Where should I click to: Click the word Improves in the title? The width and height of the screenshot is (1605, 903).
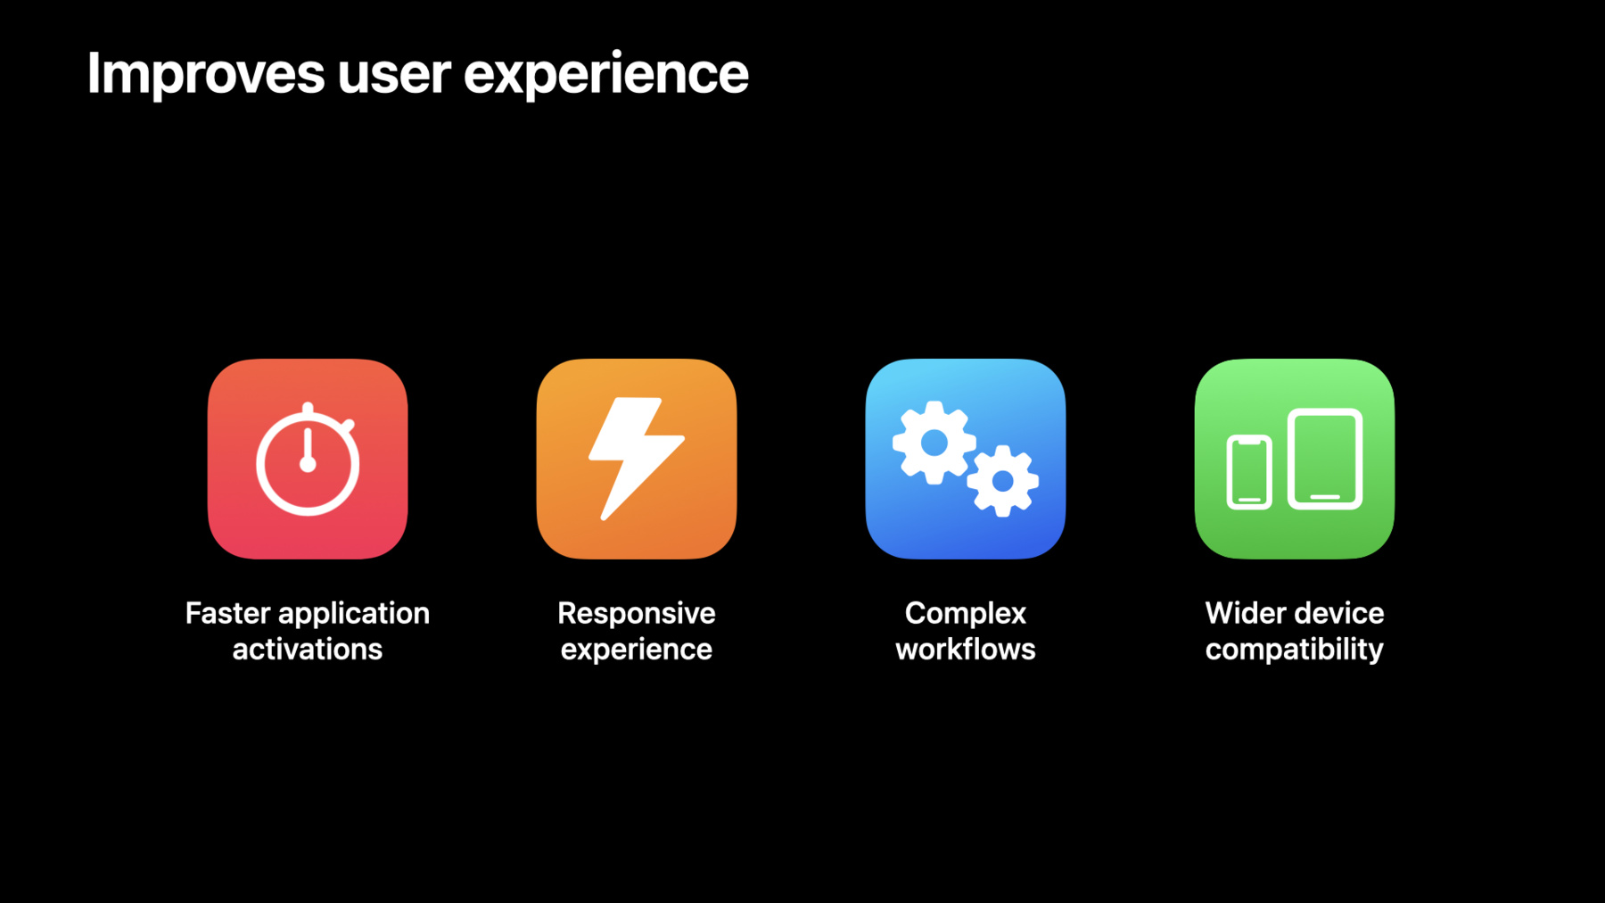click(x=206, y=75)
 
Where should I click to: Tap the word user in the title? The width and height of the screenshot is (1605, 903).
click(x=394, y=75)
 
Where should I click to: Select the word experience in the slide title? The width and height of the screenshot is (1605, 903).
click(x=606, y=75)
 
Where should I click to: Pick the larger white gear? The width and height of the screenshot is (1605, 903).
click(x=934, y=443)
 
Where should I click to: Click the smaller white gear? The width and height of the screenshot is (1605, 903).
click(x=1003, y=481)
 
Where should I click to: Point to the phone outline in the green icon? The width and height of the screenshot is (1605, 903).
click(x=1249, y=472)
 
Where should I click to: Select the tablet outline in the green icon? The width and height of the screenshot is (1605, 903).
click(x=1325, y=459)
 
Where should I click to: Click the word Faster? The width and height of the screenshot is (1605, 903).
click(x=228, y=613)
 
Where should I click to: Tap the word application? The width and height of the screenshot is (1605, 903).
click(x=354, y=615)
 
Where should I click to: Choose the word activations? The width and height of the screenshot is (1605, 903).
click(x=308, y=649)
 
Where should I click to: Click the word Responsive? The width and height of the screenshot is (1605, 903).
click(x=637, y=615)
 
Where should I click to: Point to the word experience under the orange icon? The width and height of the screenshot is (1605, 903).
click(x=637, y=650)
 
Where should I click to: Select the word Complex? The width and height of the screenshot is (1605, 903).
click(x=966, y=615)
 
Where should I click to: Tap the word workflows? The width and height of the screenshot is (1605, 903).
click(x=966, y=649)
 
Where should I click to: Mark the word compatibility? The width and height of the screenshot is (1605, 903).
click(x=1295, y=650)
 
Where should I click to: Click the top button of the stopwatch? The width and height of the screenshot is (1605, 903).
click(x=308, y=409)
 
